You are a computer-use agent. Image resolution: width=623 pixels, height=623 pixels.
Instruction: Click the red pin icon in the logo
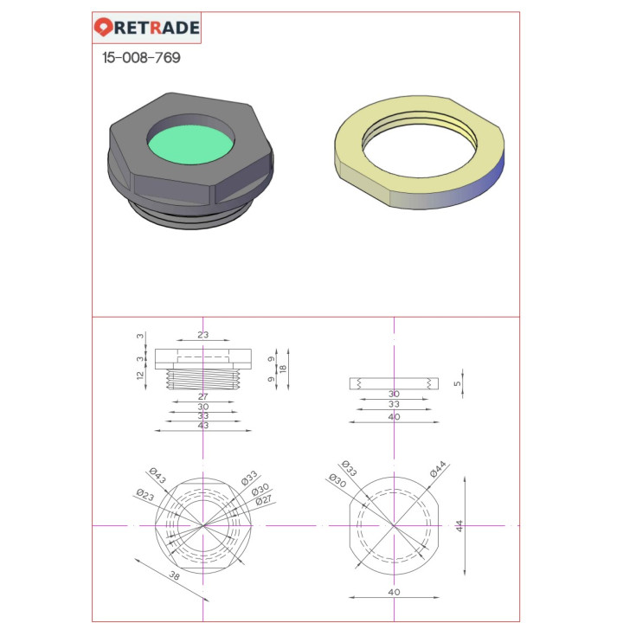tap(103, 27)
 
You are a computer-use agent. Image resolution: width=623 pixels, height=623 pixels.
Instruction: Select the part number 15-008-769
tap(141, 58)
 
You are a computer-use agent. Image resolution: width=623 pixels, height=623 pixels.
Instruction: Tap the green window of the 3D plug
tap(190, 145)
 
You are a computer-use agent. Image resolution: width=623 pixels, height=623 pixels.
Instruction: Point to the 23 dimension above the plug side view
tap(203, 335)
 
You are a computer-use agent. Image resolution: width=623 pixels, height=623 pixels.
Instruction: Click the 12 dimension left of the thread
tap(140, 375)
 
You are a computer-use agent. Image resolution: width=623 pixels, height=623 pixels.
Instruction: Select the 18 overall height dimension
tap(282, 369)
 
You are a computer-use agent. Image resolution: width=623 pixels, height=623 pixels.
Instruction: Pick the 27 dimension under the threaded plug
tap(203, 396)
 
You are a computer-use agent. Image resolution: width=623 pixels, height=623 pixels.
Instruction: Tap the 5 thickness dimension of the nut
tap(457, 383)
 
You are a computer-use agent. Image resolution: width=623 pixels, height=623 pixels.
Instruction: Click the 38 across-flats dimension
tap(175, 575)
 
